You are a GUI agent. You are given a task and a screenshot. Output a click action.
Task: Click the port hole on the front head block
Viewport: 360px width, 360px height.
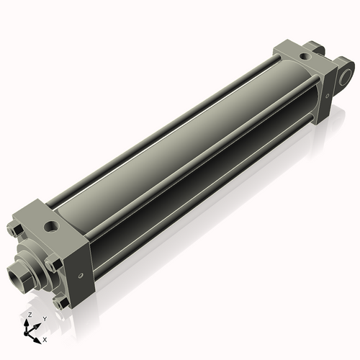tap(52, 228)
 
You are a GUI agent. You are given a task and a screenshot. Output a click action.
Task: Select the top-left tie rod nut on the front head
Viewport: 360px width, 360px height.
tap(16, 230)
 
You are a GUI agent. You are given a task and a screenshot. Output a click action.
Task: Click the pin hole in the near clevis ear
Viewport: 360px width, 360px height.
tap(347, 75)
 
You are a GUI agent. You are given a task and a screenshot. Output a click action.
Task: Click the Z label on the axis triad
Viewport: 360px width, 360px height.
tap(28, 315)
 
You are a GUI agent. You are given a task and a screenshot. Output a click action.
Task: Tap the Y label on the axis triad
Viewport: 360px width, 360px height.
tap(45, 319)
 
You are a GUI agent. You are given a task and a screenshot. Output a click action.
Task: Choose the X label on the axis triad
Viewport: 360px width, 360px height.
tap(45, 338)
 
